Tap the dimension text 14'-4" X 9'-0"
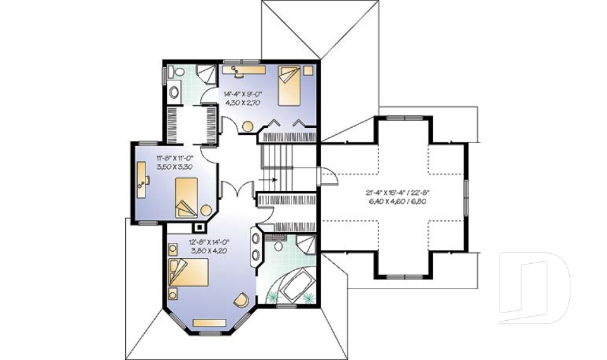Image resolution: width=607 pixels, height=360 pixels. [243, 94]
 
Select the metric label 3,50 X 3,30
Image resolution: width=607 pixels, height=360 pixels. [175, 167]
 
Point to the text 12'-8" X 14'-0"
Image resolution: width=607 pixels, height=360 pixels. [209, 242]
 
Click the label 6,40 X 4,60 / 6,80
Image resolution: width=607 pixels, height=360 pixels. [397, 201]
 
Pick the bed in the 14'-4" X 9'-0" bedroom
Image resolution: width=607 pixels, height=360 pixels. [290, 85]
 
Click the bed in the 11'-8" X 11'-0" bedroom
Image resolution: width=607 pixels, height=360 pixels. [187, 197]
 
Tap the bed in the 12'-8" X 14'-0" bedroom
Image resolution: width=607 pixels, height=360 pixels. [188, 272]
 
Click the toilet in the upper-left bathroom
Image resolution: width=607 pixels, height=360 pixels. [178, 72]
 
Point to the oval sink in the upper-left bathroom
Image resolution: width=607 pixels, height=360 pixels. [175, 92]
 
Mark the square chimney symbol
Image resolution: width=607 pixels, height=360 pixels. [200, 227]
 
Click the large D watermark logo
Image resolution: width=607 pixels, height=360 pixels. [534, 288]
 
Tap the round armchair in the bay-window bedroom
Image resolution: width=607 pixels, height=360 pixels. [241, 301]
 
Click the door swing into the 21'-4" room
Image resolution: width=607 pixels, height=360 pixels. [328, 177]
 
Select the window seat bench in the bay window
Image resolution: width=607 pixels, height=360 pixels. [209, 323]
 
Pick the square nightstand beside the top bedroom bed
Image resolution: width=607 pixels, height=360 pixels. [308, 70]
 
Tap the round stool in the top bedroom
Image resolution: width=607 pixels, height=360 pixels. [247, 127]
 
